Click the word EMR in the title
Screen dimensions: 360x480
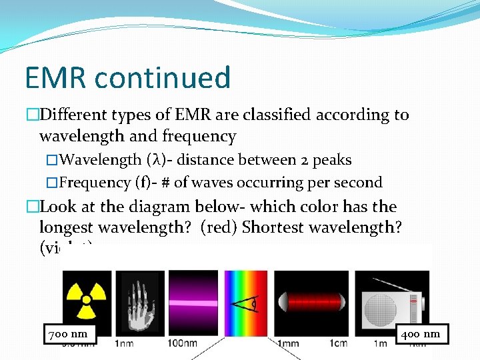click(x=56, y=78)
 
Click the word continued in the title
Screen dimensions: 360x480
click(x=163, y=78)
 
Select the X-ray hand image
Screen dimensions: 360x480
click(x=139, y=301)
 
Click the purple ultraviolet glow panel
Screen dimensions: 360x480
click(x=193, y=301)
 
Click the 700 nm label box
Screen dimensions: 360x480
click(x=69, y=333)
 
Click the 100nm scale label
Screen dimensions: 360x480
click(x=182, y=344)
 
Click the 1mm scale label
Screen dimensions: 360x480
click(x=288, y=344)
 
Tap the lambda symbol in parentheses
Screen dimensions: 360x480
click(x=155, y=160)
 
